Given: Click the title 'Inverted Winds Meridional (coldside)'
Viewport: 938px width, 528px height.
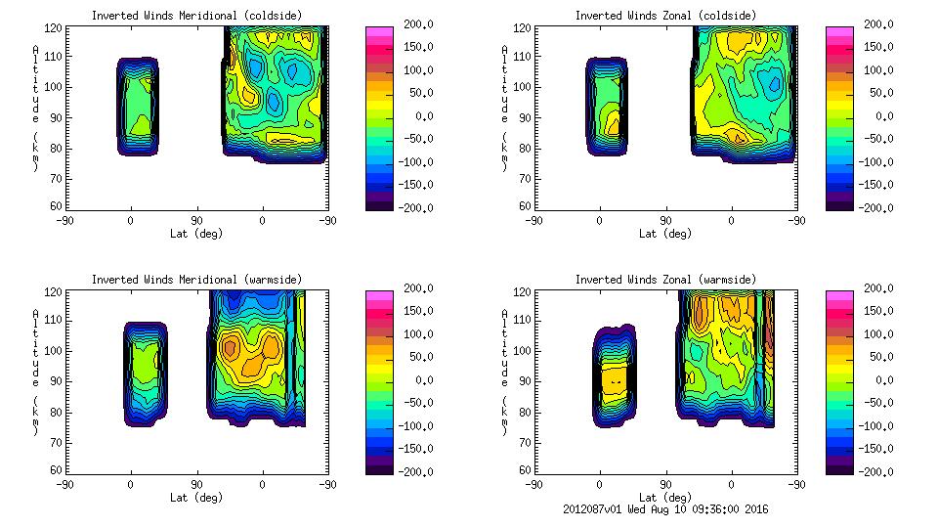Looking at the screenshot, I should pos(196,16).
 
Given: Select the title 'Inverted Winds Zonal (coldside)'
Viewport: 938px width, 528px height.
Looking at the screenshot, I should pos(665,16).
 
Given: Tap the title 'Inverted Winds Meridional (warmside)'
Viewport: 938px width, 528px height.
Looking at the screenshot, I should pos(196,280).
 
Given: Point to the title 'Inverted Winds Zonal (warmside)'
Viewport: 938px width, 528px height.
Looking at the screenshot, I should pos(665,280).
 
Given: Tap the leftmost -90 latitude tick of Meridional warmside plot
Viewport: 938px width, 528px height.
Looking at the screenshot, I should pos(65,484).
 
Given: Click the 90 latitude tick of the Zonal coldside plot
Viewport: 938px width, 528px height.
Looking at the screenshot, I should pos(665,220).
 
